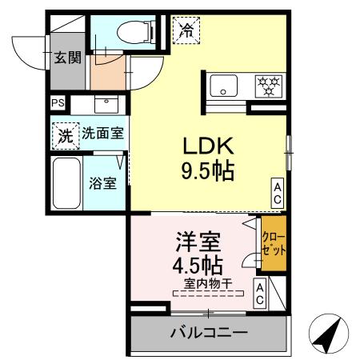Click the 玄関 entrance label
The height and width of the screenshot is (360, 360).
[68, 58]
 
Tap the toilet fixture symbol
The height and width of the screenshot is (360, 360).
[132, 32]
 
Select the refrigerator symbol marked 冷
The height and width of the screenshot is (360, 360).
[186, 31]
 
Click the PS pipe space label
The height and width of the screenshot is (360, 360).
[57, 103]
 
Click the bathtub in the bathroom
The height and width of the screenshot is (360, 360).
[66, 182]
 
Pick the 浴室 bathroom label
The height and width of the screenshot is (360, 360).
[102, 182]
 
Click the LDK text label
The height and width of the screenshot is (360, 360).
[209, 146]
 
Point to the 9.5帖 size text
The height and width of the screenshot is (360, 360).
[208, 170]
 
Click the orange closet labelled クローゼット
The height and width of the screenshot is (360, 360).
[274, 242]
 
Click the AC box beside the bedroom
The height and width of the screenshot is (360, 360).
[261, 294]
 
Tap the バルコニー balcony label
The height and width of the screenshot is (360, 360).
[208, 332]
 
